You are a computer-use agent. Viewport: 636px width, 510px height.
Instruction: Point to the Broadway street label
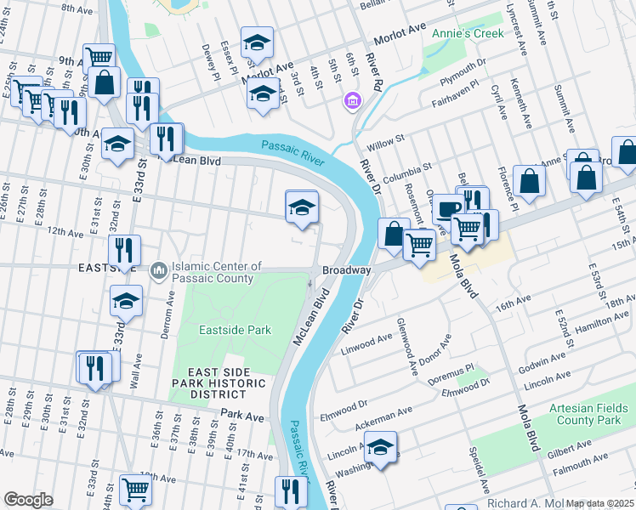click(x=346, y=270)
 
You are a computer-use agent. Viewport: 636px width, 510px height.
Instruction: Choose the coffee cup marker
click(x=447, y=207)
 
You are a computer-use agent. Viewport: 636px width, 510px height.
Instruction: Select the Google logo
click(x=28, y=499)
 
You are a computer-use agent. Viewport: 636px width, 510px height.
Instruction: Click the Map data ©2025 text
click(x=600, y=503)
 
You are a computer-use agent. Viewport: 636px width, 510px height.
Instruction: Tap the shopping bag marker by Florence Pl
click(x=529, y=181)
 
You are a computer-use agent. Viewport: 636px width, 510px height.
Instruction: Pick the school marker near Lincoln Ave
click(x=382, y=445)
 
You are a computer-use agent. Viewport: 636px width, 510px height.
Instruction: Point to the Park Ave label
click(x=241, y=414)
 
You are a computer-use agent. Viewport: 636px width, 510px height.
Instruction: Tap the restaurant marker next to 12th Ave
click(x=125, y=250)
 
